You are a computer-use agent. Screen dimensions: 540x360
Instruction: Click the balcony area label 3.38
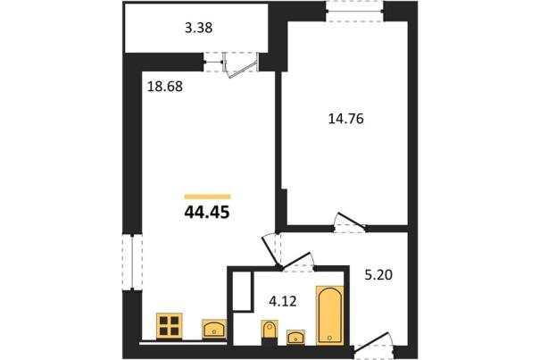coord(199,28)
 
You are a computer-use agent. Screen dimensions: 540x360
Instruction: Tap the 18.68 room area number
coord(164,87)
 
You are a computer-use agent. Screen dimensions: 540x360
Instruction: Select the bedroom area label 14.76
coord(345,119)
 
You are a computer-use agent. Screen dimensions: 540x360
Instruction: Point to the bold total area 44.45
coord(207,213)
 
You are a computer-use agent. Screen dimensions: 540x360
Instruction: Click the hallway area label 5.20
coord(378,275)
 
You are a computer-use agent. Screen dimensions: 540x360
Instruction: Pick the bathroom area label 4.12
coord(282,302)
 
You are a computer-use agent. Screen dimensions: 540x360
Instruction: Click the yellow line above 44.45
coord(207,197)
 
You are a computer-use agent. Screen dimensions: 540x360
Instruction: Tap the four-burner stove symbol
coord(169,326)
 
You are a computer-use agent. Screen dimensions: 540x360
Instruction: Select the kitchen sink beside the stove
coord(214,329)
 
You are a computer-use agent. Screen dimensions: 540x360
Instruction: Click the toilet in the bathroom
coord(270,330)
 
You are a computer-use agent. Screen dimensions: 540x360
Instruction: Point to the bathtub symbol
coord(329,314)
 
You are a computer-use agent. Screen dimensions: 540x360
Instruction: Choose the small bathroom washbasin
coord(295,337)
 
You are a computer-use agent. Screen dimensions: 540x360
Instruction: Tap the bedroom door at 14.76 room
coord(351,221)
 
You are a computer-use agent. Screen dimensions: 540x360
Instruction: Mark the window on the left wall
coord(133,262)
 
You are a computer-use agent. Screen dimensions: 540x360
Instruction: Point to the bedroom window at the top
coord(354,12)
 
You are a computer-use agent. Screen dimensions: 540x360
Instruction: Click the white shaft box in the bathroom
coord(242,292)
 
